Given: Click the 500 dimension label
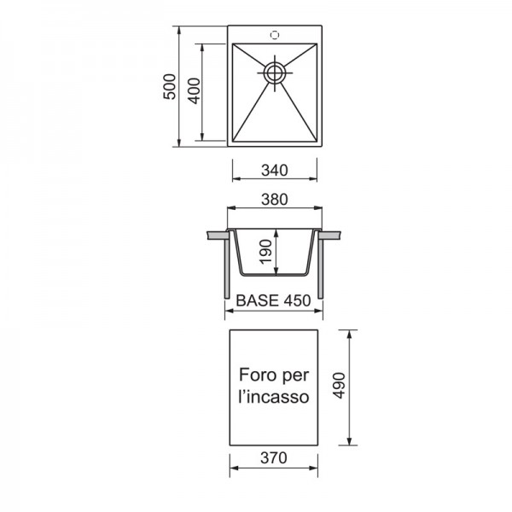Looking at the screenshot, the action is (x=170, y=86).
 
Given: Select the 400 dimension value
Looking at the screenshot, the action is (x=195, y=90).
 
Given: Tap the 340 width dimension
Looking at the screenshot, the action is (x=275, y=170).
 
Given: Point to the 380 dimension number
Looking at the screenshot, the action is (x=275, y=199).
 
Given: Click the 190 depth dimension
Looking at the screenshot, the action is (x=265, y=252).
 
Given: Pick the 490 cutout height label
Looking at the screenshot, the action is (x=339, y=386).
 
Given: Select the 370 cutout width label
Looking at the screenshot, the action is (x=274, y=457).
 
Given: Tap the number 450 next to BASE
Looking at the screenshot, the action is (x=297, y=300).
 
